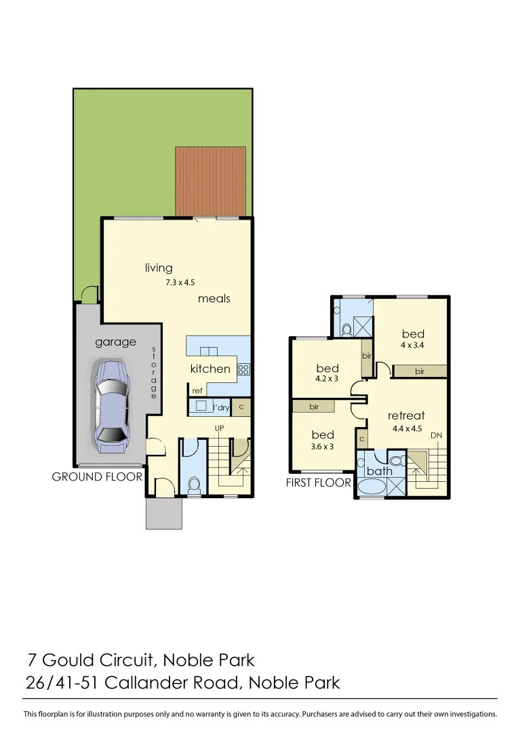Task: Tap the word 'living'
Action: (159, 268)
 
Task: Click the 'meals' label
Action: (214, 298)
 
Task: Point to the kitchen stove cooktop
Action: (244, 369)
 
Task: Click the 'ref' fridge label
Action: (197, 391)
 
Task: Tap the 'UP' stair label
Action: (220, 428)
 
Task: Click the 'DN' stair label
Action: (437, 435)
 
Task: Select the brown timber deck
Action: (210, 181)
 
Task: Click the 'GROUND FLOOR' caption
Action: (97, 476)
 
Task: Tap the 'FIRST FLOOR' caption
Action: (319, 483)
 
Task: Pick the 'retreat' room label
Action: (406, 415)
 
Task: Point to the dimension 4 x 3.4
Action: (412, 346)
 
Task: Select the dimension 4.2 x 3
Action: (327, 379)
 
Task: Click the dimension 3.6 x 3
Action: (323, 446)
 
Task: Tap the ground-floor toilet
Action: (195, 485)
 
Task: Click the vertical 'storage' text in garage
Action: (154, 373)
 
